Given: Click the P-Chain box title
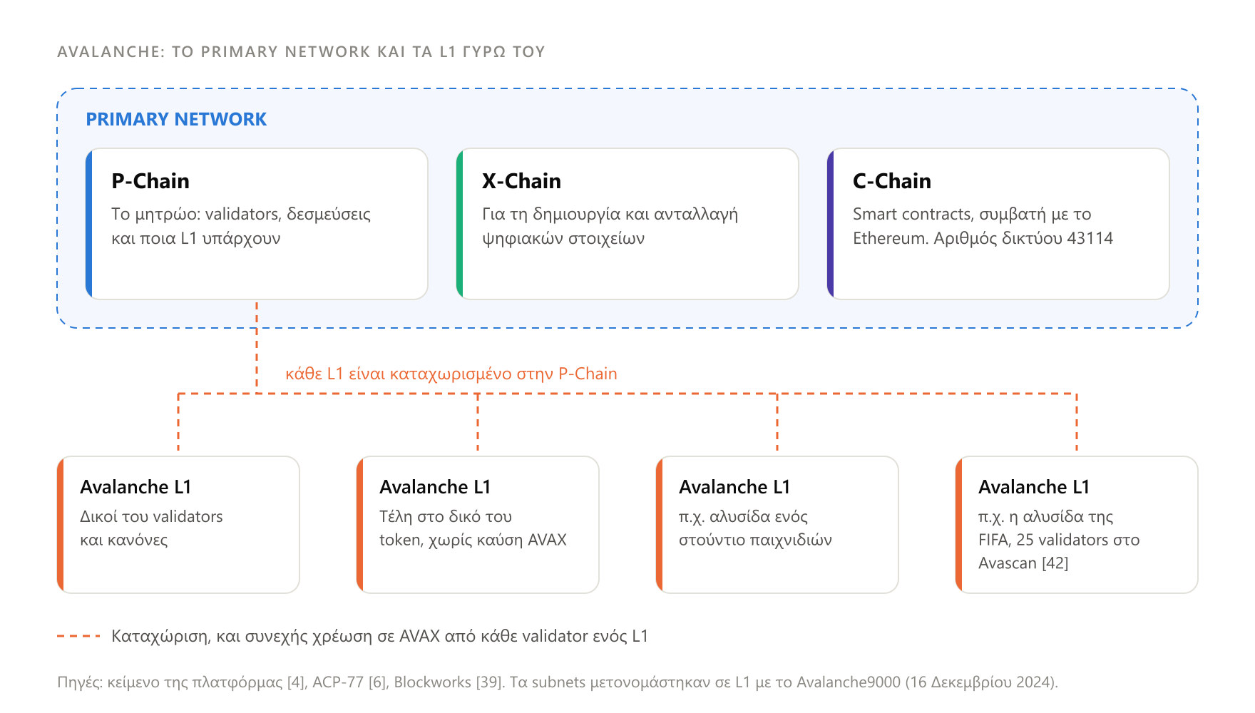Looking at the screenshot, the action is click(150, 181).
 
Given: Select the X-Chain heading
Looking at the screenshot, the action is click(521, 181).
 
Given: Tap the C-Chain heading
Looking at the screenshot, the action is click(892, 181).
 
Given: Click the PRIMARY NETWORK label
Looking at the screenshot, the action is click(176, 119).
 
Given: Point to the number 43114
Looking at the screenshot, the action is click(1090, 238).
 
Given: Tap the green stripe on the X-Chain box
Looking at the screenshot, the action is click(460, 224).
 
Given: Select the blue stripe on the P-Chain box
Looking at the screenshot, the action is click(89, 224).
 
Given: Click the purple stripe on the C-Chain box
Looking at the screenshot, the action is click(831, 224).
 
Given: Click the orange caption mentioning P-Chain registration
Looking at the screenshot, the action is click(451, 374).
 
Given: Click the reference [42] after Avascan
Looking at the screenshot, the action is click(1055, 563).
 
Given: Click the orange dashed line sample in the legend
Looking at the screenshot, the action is click(78, 636).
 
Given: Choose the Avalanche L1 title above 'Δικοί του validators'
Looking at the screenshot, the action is click(135, 487).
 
